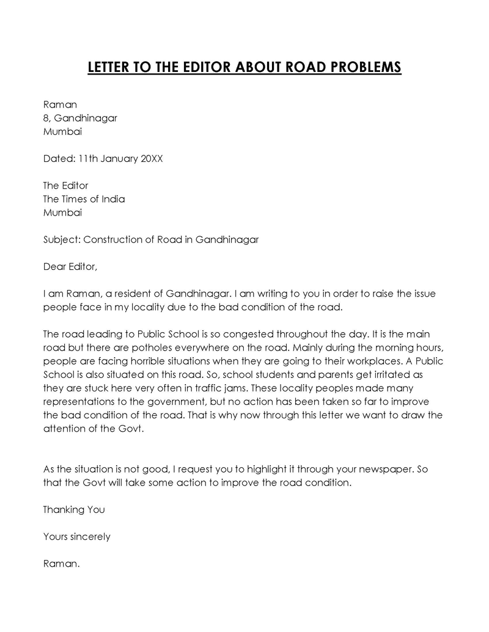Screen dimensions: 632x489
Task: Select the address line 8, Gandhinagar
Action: (x=80, y=118)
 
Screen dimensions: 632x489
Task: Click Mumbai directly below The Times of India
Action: (x=62, y=212)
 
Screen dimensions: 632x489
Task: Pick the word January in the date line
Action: (x=113, y=158)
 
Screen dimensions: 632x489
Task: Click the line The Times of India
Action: (x=84, y=199)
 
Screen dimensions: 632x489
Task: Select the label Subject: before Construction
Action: (x=62, y=239)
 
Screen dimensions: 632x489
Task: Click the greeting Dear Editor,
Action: (x=70, y=266)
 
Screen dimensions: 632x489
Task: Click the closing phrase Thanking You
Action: (x=74, y=509)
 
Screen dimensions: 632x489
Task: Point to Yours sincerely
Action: (x=76, y=536)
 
